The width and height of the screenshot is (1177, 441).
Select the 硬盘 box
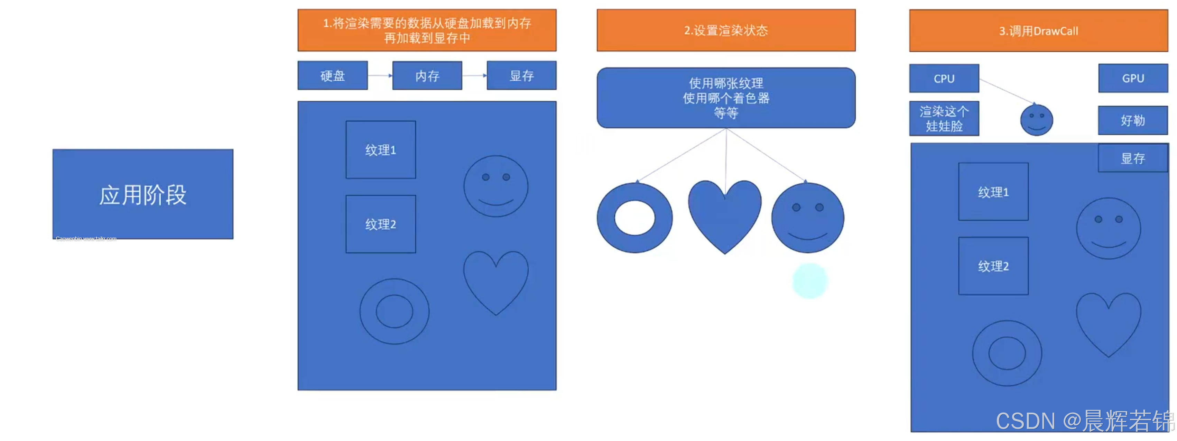[x=332, y=75]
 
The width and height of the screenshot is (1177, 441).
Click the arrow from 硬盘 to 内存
[x=380, y=75]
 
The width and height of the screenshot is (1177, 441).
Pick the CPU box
[x=944, y=79]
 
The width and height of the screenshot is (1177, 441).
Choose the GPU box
[x=1133, y=79]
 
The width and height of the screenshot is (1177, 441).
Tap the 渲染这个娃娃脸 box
[x=944, y=119]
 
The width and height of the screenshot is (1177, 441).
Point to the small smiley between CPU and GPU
[x=1036, y=120]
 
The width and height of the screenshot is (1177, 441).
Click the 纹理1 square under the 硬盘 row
[x=381, y=150]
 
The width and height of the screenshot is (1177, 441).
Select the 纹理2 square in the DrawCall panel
[x=993, y=266]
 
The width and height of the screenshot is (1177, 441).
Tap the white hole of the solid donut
[x=634, y=218]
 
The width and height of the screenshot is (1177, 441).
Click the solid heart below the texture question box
[x=725, y=215]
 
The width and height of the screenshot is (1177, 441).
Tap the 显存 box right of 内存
[x=521, y=75]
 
